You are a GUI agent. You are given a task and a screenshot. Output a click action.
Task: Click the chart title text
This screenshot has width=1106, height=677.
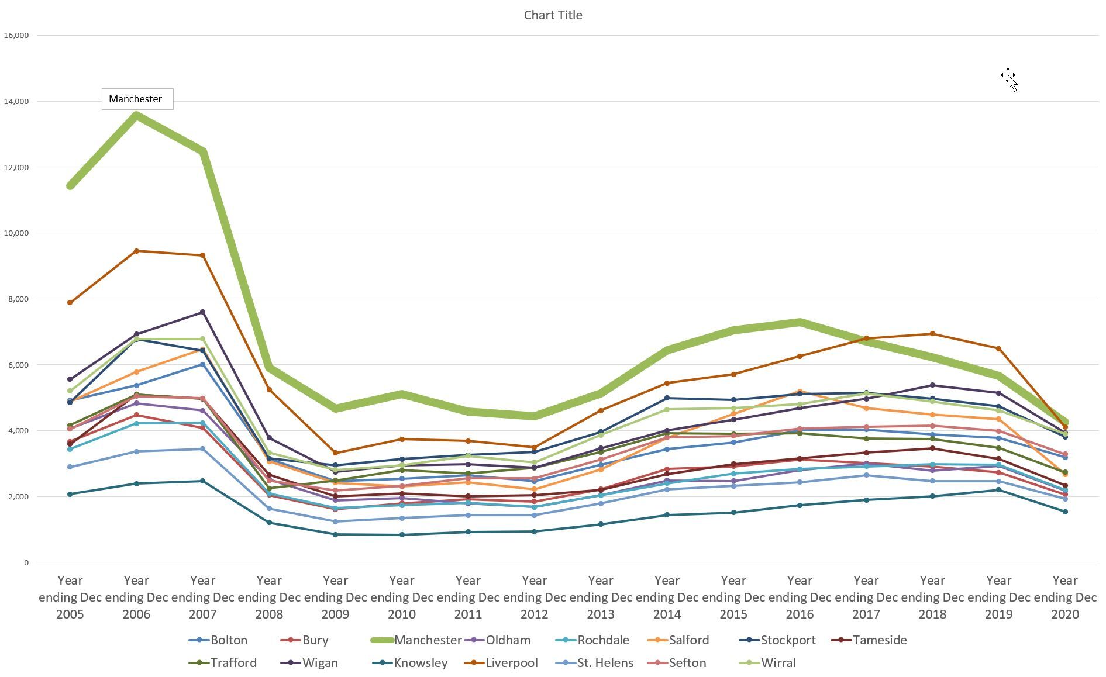553,15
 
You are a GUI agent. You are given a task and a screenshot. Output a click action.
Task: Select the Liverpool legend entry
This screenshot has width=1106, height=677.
511,663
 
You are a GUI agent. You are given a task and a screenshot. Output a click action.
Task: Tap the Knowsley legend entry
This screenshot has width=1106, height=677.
420,663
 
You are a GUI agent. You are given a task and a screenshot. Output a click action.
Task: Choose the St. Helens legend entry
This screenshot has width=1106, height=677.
605,663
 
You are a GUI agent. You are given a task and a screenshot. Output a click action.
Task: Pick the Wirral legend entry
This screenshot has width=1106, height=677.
778,663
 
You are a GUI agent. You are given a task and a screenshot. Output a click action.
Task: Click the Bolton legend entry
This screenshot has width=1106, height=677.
228,640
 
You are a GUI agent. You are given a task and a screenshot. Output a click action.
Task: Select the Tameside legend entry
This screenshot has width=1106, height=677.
879,640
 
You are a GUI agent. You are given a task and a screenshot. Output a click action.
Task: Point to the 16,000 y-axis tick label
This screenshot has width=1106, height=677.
16,35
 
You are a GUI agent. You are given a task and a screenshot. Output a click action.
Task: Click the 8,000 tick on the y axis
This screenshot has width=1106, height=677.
18,299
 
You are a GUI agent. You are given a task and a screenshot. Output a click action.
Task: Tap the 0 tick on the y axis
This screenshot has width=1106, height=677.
26,562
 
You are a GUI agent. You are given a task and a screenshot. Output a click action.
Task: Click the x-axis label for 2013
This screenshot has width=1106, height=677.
601,597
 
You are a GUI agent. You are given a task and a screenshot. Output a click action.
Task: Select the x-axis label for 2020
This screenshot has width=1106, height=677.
1065,597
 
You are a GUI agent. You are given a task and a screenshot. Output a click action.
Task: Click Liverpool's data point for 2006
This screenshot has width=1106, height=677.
136,251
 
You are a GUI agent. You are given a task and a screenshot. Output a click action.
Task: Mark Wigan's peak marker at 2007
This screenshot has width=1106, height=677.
203,312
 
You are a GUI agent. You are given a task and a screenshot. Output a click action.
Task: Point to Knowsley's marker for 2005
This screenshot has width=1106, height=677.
70,494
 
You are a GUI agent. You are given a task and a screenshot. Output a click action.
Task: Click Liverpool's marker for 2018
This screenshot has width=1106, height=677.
932,334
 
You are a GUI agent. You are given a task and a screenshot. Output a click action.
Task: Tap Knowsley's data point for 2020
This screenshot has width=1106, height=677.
1065,512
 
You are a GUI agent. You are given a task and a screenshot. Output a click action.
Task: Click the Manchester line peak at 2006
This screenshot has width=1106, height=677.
136,115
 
